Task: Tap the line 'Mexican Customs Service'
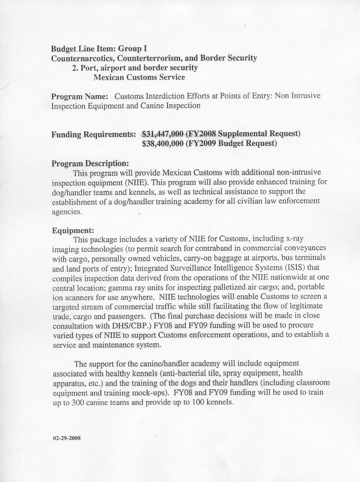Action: coord(139,77)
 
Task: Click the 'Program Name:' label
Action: coord(80,96)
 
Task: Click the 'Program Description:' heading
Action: coord(90,163)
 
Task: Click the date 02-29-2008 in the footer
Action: coord(66,438)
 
